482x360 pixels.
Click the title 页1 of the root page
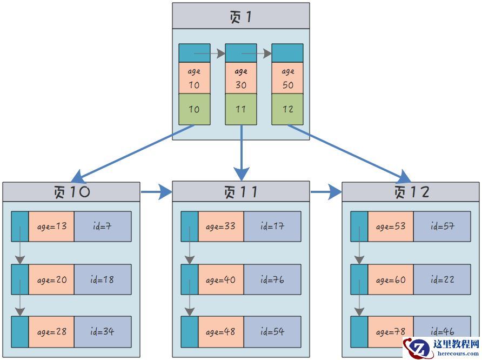(241, 17)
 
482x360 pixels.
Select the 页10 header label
(71, 192)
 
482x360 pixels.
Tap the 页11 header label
(241, 192)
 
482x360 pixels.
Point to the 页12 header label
(411, 192)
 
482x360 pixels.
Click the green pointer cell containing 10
(195, 109)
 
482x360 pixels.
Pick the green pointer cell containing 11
(241, 109)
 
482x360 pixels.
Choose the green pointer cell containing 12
(287, 109)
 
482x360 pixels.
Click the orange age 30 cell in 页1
(241, 78)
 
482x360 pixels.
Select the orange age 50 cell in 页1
(287, 78)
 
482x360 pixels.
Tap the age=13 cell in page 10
(51, 226)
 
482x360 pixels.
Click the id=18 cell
(103, 279)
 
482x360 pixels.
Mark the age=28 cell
(51, 331)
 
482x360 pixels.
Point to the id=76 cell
(272, 279)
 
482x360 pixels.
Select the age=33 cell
(221, 226)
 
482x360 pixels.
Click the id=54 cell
(272, 331)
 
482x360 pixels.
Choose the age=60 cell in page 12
(391, 279)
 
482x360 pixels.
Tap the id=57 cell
(442, 226)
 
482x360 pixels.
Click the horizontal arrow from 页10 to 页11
(156, 191)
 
